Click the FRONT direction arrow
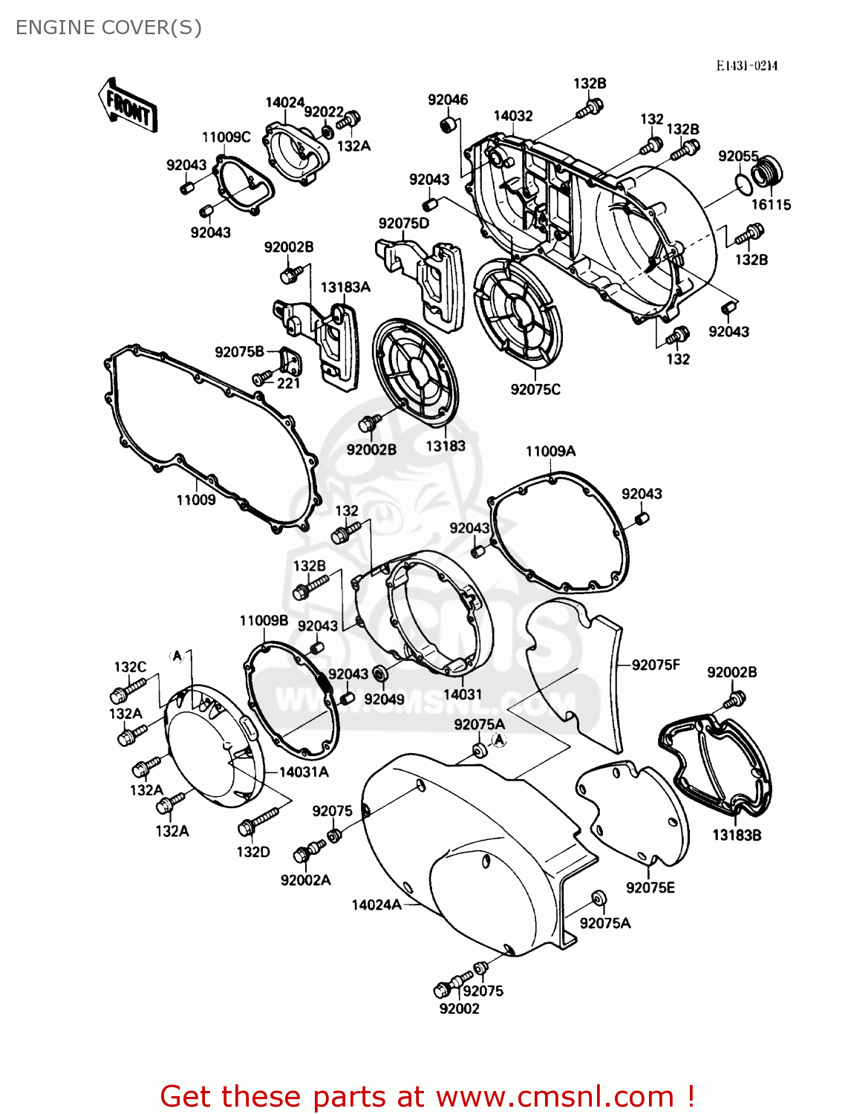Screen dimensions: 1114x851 coord(127,106)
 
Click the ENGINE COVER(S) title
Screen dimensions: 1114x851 coord(108,27)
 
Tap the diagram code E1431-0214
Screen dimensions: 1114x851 coord(746,65)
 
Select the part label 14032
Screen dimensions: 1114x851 coord(513,116)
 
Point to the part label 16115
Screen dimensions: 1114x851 coord(771,205)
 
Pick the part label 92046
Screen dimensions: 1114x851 coord(448,100)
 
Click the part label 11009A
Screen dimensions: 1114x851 coord(550,451)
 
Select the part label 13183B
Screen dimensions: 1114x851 coord(737,835)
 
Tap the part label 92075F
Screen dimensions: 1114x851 coord(656,665)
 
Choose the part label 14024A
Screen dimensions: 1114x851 coord(376,905)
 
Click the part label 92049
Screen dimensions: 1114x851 coord(384,699)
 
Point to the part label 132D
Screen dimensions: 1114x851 coord(253,852)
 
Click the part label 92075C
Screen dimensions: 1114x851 coord(535,389)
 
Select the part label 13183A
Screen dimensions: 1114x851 coord(345,287)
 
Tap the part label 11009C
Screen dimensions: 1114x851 coord(226,137)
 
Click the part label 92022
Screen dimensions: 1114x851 coord(324,111)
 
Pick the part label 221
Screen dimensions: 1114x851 coord(288,383)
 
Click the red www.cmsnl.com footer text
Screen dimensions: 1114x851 coord(427,1096)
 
